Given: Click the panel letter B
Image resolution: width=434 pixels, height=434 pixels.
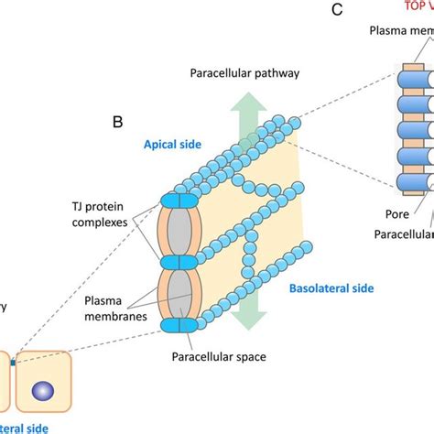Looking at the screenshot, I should (117, 120).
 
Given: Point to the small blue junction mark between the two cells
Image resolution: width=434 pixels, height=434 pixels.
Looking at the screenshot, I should (12, 363).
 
